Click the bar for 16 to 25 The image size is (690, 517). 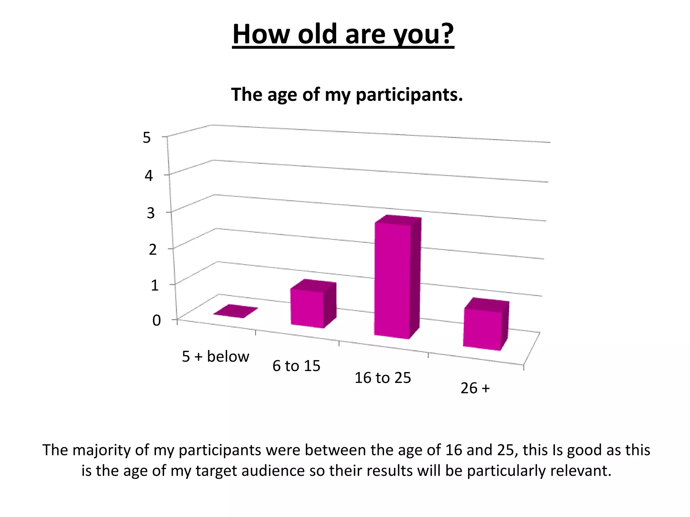point(393,279)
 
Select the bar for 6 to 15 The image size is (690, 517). point(307,308)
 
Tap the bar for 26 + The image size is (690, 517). point(482,329)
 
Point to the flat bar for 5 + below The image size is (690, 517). point(236,311)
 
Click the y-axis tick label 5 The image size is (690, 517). point(147,138)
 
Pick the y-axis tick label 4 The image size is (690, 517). point(149,176)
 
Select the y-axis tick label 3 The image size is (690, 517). point(151,213)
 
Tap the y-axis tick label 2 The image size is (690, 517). point(153,250)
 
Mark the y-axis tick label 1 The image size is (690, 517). point(155,285)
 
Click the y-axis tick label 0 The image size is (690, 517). point(156,320)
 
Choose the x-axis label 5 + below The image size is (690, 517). point(216,356)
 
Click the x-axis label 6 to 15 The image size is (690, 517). point(296,366)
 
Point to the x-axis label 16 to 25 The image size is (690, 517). point(383,378)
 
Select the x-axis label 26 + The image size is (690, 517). point(475,388)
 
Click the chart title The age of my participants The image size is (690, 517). point(347,95)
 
